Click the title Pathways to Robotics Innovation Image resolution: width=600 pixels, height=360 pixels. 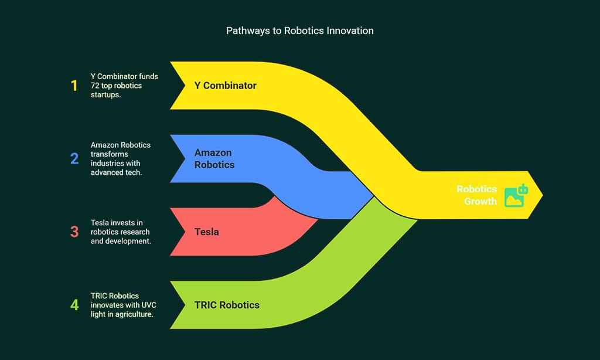coord(299,30)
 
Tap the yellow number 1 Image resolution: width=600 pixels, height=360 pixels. coord(74,86)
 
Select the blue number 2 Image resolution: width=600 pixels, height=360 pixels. coord(74,159)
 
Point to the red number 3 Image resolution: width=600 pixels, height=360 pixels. coord(74,232)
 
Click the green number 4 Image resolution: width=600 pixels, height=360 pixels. coord(74,305)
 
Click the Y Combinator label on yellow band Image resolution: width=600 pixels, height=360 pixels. coord(225,86)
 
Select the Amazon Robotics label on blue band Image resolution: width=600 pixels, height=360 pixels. coord(214,159)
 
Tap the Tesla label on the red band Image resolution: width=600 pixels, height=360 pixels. coord(206,232)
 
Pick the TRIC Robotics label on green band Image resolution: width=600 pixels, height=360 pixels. coord(227,305)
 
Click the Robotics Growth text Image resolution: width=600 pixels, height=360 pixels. coord(476,195)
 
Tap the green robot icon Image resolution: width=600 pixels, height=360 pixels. coord(516,195)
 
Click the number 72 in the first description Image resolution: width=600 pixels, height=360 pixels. coord(96,86)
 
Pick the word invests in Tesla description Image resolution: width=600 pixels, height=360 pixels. coord(123,223)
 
